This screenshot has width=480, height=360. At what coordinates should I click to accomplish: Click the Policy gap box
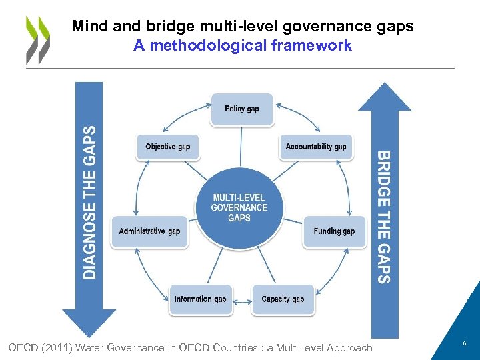[x=242, y=109]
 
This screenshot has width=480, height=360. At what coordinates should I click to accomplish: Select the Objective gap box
[x=168, y=147]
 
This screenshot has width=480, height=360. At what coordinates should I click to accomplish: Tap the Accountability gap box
[x=316, y=147]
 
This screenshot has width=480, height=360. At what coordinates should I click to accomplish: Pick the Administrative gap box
[x=149, y=231]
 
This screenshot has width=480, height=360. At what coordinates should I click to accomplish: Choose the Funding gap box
[x=334, y=231]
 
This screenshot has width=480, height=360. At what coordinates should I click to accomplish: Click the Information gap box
[x=201, y=299]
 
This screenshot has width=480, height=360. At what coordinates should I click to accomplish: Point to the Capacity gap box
[x=283, y=299]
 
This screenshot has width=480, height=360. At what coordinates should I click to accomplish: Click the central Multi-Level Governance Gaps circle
[x=239, y=207]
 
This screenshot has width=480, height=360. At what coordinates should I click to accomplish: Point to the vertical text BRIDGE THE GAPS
[x=384, y=217]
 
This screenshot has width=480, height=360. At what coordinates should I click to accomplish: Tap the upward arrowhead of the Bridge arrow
[x=385, y=96]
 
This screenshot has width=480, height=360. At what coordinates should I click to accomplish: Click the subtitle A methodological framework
[x=243, y=46]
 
